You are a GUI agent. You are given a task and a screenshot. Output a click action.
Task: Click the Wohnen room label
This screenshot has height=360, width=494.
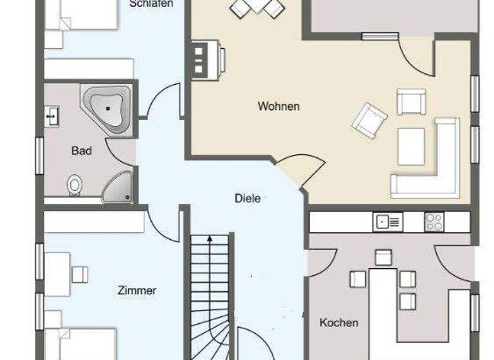(x=279, y=106)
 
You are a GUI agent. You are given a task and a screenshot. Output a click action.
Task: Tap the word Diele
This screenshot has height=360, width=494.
(x=248, y=199)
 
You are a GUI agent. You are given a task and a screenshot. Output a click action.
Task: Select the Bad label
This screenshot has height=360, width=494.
(x=82, y=151)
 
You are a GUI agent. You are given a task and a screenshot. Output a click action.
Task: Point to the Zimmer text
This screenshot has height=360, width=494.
(x=137, y=291)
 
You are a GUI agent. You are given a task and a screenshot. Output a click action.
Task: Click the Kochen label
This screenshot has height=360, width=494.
(x=339, y=322)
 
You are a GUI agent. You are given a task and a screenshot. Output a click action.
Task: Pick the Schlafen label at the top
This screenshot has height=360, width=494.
(x=151, y=4)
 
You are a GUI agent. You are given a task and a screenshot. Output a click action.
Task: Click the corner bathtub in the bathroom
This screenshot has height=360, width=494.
(x=105, y=107)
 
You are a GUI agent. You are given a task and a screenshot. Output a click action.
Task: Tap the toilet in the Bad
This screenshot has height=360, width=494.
(x=75, y=185)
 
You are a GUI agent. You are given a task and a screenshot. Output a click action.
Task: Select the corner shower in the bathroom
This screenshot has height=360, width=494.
(x=118, y=187)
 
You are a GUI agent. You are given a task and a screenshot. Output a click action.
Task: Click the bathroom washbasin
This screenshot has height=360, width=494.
(x=52, y=116)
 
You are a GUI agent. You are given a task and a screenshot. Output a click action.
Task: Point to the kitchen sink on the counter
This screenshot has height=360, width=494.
(x=388, y=222)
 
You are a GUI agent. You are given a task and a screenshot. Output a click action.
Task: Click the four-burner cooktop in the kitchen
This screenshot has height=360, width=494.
(x=434, y=222)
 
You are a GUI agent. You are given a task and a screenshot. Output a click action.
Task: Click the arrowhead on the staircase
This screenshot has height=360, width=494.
(x=210, y=239)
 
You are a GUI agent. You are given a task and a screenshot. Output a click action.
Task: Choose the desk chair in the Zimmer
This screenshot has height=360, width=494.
(x=80, y=274)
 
